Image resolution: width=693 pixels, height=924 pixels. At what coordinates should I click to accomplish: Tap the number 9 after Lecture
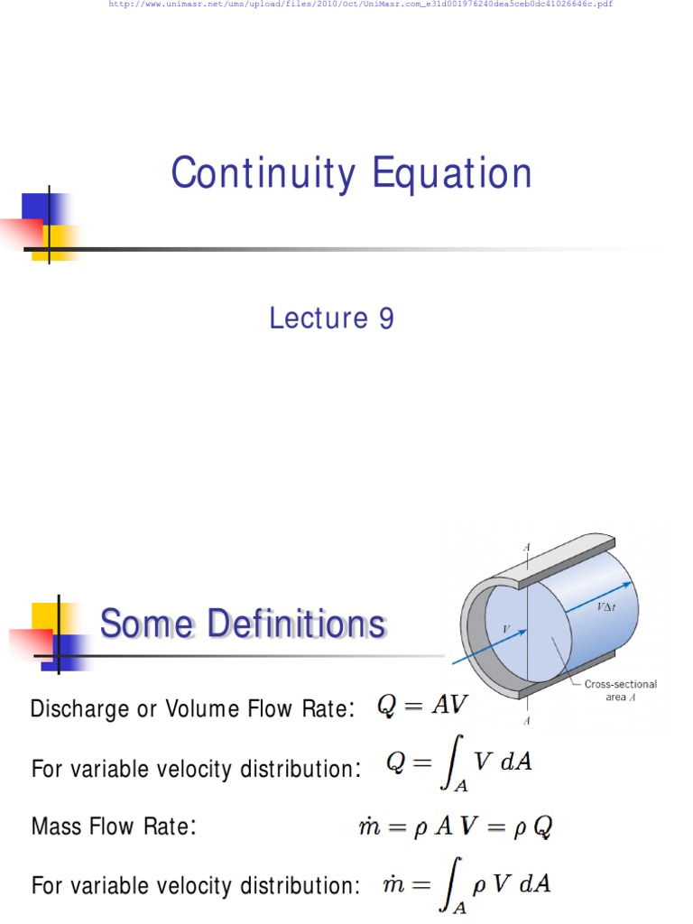point(385,318)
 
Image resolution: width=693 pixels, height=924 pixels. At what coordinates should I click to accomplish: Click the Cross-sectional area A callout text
point(621,690)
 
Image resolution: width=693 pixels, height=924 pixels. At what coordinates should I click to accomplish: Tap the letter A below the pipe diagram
point(527,721)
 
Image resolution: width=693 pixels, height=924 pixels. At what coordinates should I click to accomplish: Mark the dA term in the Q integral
point(516,762)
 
